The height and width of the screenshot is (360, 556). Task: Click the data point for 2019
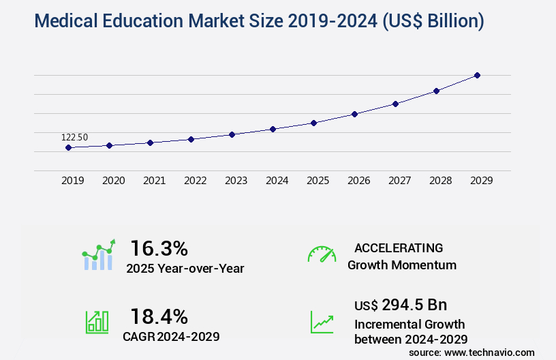point(68,147)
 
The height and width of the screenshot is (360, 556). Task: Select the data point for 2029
point(477,75)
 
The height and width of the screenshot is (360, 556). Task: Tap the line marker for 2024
point(273,129)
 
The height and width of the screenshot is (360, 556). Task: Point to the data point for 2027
point(395,104)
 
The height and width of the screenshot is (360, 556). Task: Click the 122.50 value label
point(74,137)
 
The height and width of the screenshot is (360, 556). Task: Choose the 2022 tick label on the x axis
point(195,181)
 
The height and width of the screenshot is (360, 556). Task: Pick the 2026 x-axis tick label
point(358,181)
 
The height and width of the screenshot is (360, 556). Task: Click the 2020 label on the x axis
point(113,181)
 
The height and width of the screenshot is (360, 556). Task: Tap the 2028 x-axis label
point(440,181)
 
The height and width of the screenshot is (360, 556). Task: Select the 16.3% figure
point(159,247)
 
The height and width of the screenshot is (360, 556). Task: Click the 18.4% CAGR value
point(159,316)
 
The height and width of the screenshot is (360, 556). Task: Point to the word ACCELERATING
point(399,247)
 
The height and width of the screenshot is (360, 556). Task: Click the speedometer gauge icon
point(322,254)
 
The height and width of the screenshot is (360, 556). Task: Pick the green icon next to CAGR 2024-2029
point(97,322)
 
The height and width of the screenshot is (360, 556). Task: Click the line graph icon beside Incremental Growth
point(322,322)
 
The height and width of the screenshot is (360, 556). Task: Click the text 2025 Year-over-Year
point(185,268)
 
